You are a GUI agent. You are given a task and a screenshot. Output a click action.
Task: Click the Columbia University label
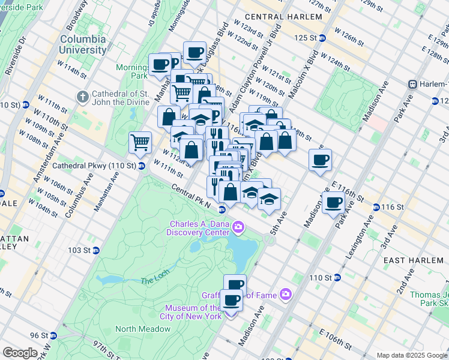83,44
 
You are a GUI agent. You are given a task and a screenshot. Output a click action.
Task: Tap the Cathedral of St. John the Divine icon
82,97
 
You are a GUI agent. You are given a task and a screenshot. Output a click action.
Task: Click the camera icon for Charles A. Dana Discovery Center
238,226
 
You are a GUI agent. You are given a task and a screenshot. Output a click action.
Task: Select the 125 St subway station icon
322,38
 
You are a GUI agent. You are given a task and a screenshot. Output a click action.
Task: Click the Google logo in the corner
20,353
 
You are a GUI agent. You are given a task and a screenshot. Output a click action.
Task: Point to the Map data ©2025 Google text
412,355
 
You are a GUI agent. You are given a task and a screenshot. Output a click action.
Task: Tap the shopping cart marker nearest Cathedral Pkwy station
140,143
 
